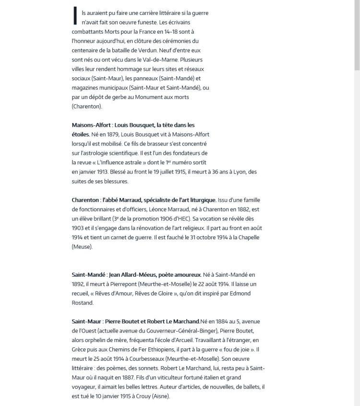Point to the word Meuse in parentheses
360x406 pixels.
coord(81,247)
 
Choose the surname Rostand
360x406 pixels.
coord(84,302)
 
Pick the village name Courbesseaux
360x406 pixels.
coord(150,359)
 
